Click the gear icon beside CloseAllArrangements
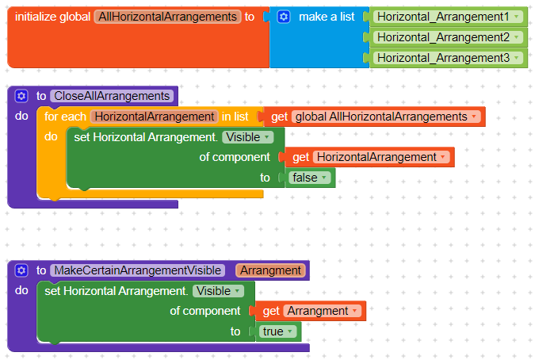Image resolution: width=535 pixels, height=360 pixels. (21, 96)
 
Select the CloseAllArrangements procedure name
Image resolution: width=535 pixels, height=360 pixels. (111, 96)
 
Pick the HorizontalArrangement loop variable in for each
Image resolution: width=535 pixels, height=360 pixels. (154, 117)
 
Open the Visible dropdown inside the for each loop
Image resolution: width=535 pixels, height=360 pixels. (247, 137)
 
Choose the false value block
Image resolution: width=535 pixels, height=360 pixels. (310, 178)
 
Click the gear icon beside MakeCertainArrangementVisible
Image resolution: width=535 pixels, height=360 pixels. (21, 270)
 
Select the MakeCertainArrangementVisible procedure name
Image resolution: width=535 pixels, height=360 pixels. (139, 270)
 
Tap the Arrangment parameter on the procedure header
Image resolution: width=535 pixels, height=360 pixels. (270, 270)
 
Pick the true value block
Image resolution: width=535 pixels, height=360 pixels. (277, 331)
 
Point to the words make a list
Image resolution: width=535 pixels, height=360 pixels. (326, 17)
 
